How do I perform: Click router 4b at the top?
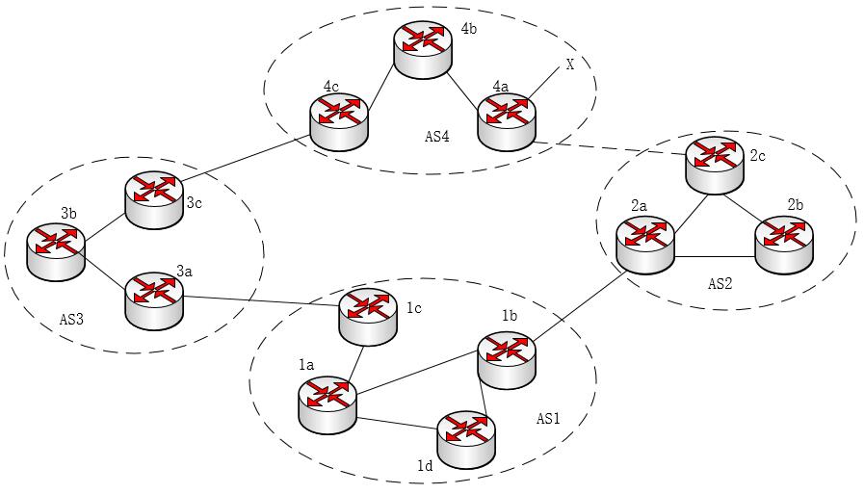(x=423, y=52)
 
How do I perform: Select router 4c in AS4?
(x=339, y=123)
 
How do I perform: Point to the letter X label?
(x=570, y=65)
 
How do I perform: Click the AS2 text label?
(x=721, y=284)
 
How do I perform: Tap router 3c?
(x=153, y=199)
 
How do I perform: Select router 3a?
(x=154, y=300)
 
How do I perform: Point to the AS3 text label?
(x=71, y=319)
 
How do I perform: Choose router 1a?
(x=327, y=404)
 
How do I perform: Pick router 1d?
(x=466, y=438)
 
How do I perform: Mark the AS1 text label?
(x=549, y=419)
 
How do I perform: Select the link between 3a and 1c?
(x=260, y=301)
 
